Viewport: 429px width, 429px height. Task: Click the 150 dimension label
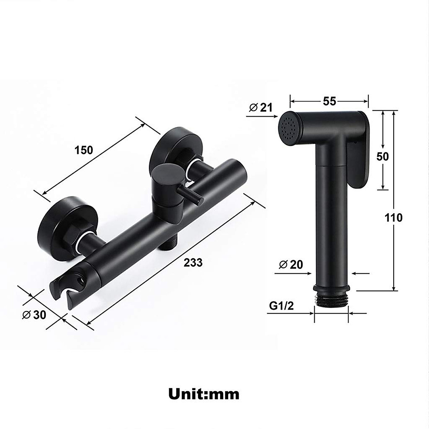[84, 150]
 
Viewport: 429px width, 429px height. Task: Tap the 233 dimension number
[193, 262]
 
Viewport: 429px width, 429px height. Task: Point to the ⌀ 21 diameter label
[261, 107]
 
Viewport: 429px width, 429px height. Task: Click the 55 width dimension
[329, 101]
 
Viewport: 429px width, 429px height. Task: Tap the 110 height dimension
[394, 217]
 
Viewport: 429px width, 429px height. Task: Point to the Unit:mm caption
[204, 394]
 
